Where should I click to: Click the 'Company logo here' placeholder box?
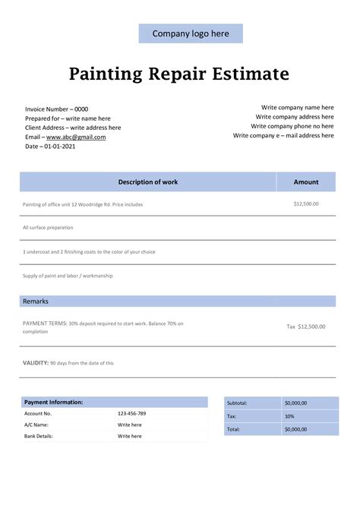(191, 33)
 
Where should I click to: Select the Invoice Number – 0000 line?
(56, 109)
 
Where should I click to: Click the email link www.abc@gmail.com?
(76, 137)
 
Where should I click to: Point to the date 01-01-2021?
(60, 146)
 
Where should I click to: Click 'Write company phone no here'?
(292, 126)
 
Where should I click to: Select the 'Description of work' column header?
(147, 182)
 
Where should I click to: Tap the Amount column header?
(306, 182)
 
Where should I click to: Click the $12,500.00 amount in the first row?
(306, 204)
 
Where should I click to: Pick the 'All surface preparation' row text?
(49, 227)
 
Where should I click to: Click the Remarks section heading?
(36, 301)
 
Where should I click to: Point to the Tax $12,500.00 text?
(305, 327)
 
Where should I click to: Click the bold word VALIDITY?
(36, 363)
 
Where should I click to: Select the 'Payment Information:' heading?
(54, 402)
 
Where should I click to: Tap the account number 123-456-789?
(132, 413)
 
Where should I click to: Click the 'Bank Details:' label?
(38, 436)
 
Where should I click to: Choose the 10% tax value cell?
(289, 416)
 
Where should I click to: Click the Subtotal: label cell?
(238, 403)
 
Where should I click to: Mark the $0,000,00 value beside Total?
(295, 429)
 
